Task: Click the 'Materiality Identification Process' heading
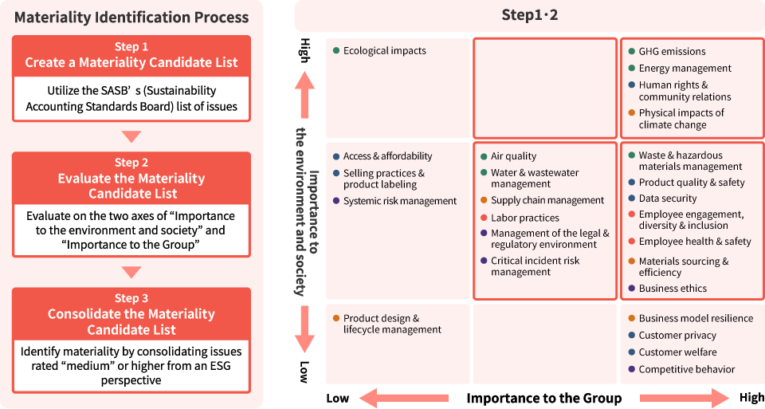coord(131,18)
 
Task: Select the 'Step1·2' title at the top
coord(529,15)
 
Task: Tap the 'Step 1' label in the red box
coord(131,47)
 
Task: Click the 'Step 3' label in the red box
coord(131,298)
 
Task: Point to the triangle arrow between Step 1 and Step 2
coord(131,136)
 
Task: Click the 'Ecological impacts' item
coord(384,51)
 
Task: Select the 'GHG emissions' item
coord(672,51)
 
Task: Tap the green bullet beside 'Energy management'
coord(631,69)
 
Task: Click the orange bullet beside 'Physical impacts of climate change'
coord(631,113)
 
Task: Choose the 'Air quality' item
coord(513,156)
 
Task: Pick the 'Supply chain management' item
coord(547,200)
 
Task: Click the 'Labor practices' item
coord(524,218)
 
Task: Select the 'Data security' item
coord(668,199)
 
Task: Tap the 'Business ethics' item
coord(673,289)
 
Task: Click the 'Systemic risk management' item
coord(400,201)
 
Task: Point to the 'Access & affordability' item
coord(387,156)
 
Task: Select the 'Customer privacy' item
coord(677,336)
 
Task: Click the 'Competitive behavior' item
coord(686,369)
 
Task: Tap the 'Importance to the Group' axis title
coord(543,398)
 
